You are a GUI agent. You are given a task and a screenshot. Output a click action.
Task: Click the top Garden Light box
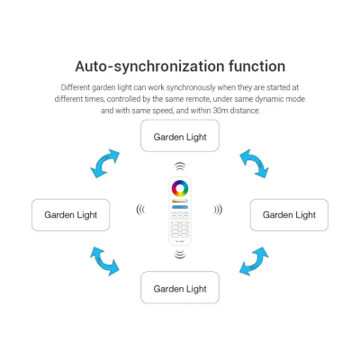[180, 136]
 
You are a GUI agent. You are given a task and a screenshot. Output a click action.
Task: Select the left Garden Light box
[71, 215]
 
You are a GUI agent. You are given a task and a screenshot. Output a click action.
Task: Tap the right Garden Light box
[289, 215]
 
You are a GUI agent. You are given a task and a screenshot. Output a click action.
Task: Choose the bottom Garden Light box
[180, 287]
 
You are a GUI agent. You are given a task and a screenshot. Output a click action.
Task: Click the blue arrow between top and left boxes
[103, 165]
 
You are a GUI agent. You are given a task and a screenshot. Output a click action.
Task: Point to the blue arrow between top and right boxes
[255, 163]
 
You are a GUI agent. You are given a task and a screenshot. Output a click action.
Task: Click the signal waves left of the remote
[139, 210]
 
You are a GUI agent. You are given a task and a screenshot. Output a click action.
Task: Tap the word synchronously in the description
[191, 87]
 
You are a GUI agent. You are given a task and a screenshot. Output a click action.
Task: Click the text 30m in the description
[220, 111]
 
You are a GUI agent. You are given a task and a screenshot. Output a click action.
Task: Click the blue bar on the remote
[180, 207]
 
